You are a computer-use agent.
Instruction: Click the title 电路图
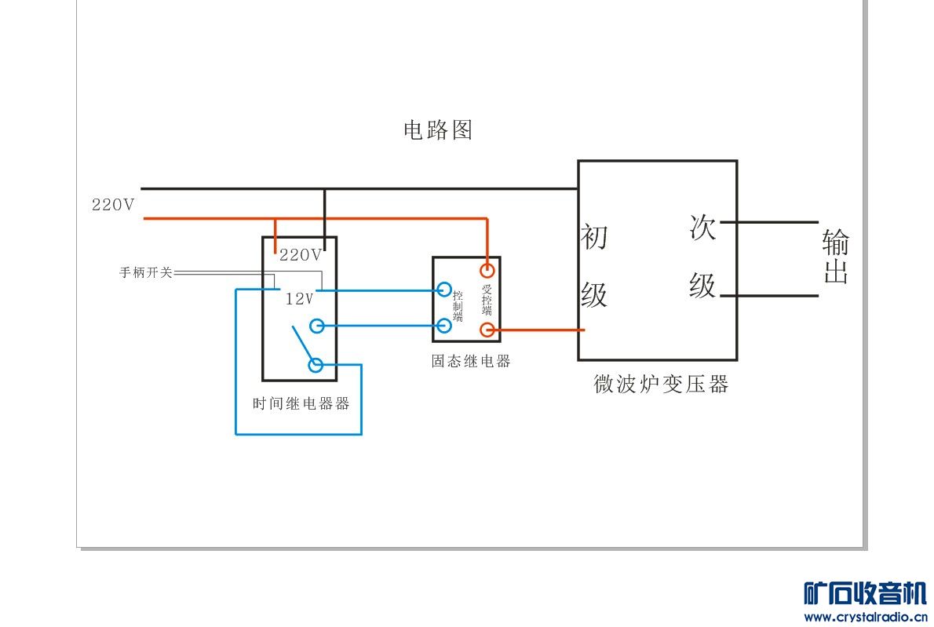point(438,130)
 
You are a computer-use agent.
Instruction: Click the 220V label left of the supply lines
point(113,205)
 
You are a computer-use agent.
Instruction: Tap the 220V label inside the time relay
point(301,255)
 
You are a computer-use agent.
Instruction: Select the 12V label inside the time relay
point(299,299)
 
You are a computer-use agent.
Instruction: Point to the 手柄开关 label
point(145,273)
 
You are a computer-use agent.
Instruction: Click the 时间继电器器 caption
point(301,404)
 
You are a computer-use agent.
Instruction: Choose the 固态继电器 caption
point(470,361)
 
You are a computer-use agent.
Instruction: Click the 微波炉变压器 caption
point(661,384)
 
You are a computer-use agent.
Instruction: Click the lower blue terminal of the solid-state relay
point(444,326)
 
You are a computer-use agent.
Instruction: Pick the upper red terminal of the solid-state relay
point(487,271)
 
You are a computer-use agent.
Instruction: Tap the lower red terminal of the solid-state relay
point(487,330)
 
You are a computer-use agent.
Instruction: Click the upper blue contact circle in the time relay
point(316,326)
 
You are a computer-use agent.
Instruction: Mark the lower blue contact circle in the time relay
point(316,365)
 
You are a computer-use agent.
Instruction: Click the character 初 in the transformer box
point(594,236)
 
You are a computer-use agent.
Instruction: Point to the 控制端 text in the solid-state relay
point(458,306)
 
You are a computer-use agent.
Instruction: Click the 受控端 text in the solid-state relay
point(487,301)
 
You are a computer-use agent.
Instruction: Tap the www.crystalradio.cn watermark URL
point(865,617)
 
